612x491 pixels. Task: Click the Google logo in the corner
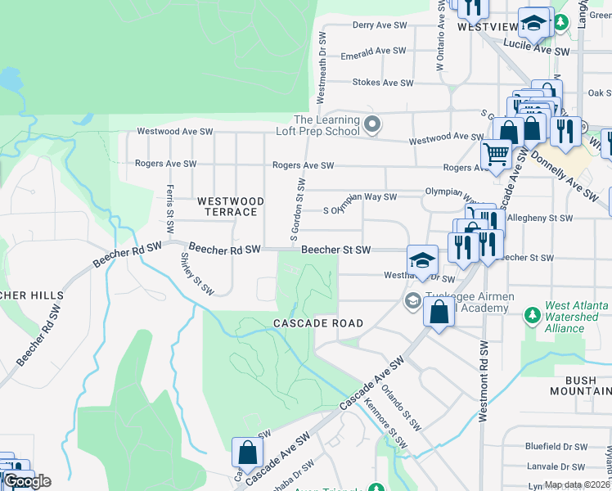point(26,481)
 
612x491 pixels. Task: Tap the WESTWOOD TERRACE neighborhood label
point(231,206)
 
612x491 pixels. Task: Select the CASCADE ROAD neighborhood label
point(318,323)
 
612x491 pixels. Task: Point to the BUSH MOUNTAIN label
point(587,386)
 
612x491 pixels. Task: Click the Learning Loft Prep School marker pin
point(373,125)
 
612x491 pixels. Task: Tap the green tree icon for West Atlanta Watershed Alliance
point(533,314)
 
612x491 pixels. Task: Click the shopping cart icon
point(496,153)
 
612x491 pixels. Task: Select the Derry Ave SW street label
point(380,25)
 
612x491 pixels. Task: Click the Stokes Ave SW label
point(380,83)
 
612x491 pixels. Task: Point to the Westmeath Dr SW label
point(322,69)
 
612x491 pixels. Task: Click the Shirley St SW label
point(197,273)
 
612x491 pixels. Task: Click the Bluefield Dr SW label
point(556,447)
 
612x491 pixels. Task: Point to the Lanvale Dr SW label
point(556,466)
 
